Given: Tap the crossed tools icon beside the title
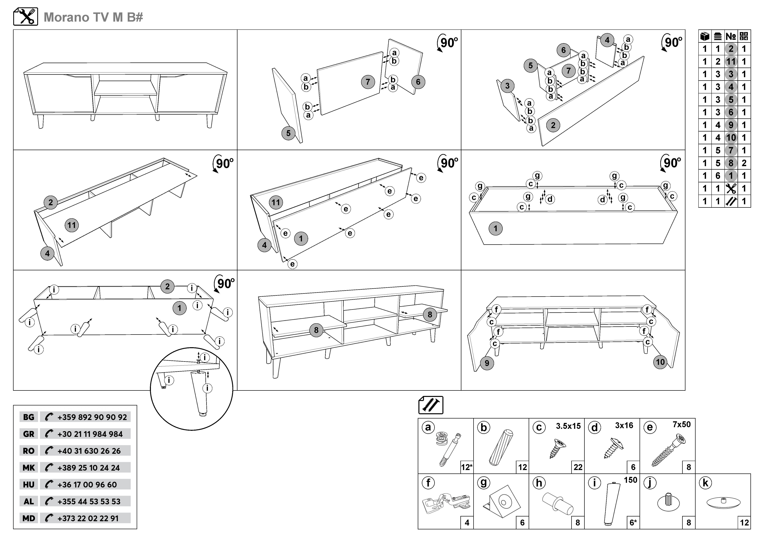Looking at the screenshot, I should click(26, 17).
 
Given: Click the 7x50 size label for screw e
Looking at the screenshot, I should click(682, 424).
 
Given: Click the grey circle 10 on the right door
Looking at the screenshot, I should click(660, 362).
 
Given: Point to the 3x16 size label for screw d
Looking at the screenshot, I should click(624, 425).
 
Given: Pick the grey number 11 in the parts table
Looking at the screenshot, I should click(731, 62).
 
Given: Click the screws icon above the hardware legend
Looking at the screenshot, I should click(431, 405).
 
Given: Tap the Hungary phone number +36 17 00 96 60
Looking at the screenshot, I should click(87, 485).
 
